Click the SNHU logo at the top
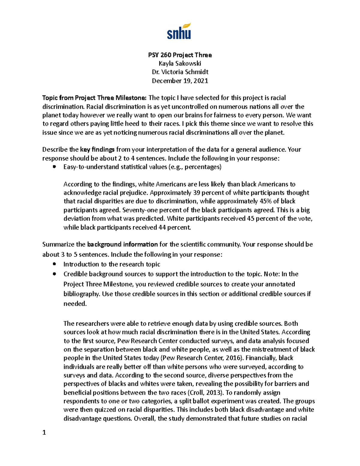tap(179, 32)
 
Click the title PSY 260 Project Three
tap(180, 55)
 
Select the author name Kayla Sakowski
tap(180, 63)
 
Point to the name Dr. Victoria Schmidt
tap(180, 72)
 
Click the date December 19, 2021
tap(180, 81)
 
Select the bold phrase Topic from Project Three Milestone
tap(94, 98)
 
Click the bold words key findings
tap(97, 149)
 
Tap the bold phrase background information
tap(122, 244)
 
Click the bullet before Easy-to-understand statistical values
tap(54, 167)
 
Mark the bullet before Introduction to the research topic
tap(54, 264)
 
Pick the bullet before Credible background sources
tap(54, 274)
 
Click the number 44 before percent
tap(162, 227)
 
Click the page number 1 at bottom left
tap(44, 432)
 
